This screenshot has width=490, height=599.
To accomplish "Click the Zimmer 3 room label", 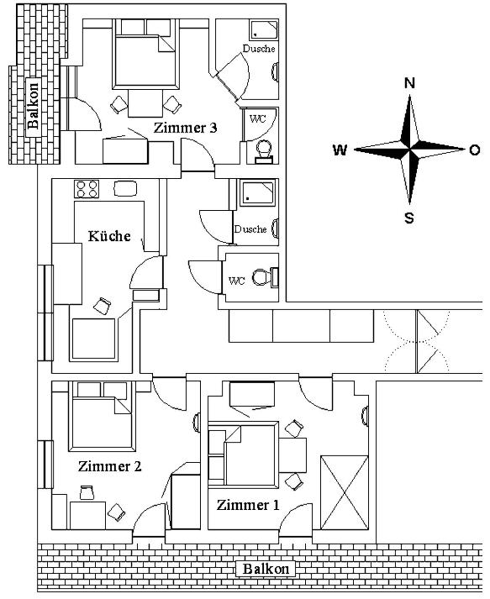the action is pyautogui.click(x=186, y=128).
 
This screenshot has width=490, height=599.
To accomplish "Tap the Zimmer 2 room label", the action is pyautogui.click(x=110, y=466).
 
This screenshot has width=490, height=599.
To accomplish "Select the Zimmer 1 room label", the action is pyautogui.click(x=248, y=505).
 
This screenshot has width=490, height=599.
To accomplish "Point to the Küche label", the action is pyautogui.click(x=109, y=236).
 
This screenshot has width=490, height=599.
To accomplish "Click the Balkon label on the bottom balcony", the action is pyautogui.click(x=266, y=569).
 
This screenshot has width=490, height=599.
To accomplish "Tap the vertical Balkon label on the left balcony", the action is pyautogui.click(x=34, y=106).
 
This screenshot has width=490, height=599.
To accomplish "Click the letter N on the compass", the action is pyautogui.click(x=409, y=83).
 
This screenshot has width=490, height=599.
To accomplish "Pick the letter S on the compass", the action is pyautogui.click(x=409, y=218).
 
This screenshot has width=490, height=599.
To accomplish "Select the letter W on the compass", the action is pyautogui.click(x=340, y=150).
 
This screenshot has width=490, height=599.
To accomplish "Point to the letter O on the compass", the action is pyautogui.click(x=474, y=150).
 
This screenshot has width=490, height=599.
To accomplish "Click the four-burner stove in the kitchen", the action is pyautogui.click(x=87, y=189).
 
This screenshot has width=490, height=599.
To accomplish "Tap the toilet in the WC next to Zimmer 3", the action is pyautogui.click(x=264, y=151).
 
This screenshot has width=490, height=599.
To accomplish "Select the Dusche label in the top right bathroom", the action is pyautogui.click(x=259, y=49).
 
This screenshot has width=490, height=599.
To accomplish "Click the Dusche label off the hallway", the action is pyautogui.click(x=250, y=229).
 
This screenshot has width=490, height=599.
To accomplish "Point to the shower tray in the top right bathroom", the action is pyautogui.click(x=264, y=29).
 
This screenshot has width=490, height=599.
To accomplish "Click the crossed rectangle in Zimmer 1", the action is pyautogui.click(x=344, y=492).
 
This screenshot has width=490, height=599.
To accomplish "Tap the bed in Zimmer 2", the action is pyautogui.click(x=102, y=417).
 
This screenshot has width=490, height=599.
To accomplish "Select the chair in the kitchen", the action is pyautogui.click(x=102, y=306).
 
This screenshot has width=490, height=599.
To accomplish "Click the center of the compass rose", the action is pyautogui.click(x=409, y=150).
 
